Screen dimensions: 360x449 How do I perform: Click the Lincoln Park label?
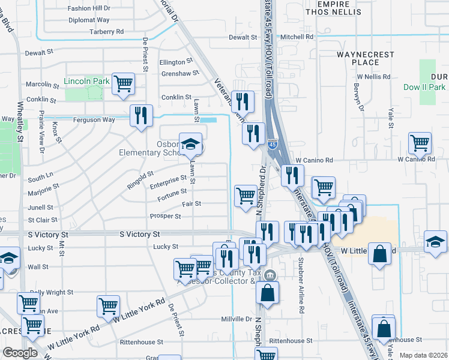pyautogui.click(x=87, y=80)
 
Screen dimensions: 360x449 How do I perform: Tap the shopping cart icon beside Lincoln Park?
pyautogui.click(x=123, y=83)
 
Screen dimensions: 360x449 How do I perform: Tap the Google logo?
pyautogui.click(x=20, y=353)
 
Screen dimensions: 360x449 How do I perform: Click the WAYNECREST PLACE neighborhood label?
pyautogui.click(x=366, y=58)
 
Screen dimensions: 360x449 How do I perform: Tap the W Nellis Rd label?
pyautogui.click(x=373, y=77)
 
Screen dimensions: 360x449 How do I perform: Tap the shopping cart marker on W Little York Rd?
pyautogui.click(x=108, y=305)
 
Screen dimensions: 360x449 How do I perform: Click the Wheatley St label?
pyautogui.click(x=20, y=130)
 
